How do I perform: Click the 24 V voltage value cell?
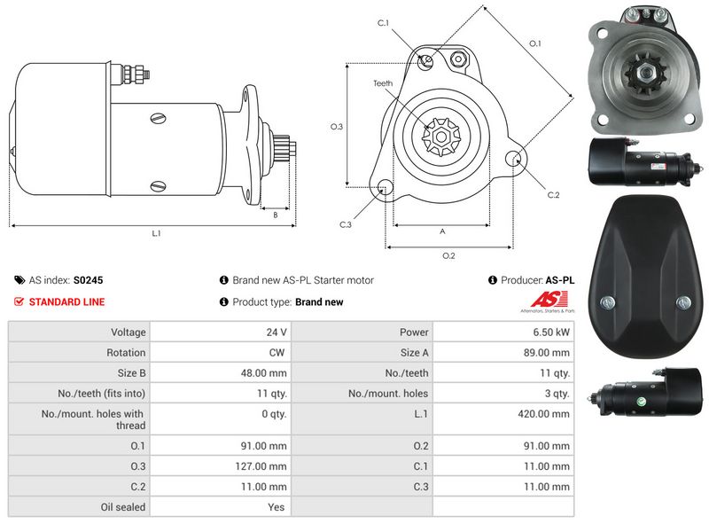click(277, 332)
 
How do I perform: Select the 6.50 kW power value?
click(550, 332)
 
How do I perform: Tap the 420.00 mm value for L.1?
click(543, 413)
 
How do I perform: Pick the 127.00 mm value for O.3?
click(261, 466)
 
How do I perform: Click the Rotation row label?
click(126, 353)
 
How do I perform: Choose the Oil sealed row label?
click(123, 507)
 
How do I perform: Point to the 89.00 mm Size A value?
click(546, 353)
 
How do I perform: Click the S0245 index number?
click(88, 280)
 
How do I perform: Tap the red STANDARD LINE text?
click(66, 301)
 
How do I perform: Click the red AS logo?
click(549, 300)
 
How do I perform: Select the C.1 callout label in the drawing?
click(383, 23)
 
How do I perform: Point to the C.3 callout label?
click(346, 224)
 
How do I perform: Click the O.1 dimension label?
click(535, 43)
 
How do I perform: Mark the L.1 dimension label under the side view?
click(156, 233)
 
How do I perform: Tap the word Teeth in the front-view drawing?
click(383, 83)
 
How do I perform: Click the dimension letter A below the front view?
click(442, 231)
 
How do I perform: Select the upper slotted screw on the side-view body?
click(159, 118)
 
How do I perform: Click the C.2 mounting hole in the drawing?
click(514, 158)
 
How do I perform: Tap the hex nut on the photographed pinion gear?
click(643, 72)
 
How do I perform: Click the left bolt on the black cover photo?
click(607, 302)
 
